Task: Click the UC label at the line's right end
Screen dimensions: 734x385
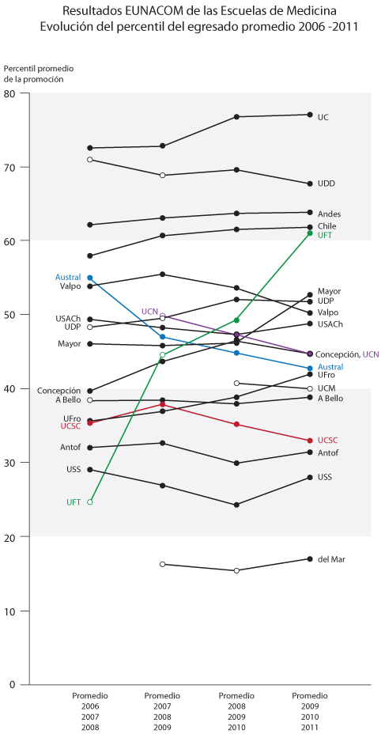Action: [323, 117]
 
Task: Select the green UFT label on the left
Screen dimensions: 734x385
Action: [74, 502]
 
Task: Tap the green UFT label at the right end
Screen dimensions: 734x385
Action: [324, 235]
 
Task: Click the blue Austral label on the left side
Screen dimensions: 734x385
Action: [68, 278]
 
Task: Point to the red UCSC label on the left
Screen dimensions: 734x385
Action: [70, 426]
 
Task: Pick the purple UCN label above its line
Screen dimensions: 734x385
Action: [150, 312]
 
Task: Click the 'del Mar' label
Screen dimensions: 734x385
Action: [330, 559]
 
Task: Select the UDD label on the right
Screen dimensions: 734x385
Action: [326, 183]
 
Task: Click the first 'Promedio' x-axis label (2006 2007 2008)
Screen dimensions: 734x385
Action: [90, 696]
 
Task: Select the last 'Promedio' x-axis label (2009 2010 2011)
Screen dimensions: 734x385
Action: [309, 696]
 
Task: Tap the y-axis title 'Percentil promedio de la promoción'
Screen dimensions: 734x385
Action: [33, 74]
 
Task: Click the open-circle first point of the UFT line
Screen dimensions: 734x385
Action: [90, 501]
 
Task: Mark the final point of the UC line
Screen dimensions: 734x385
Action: [310, 115]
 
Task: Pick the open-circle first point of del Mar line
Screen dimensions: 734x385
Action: [163, 564]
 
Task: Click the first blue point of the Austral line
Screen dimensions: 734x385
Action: [90, 278]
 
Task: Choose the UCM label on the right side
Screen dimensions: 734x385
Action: [326, 389]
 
